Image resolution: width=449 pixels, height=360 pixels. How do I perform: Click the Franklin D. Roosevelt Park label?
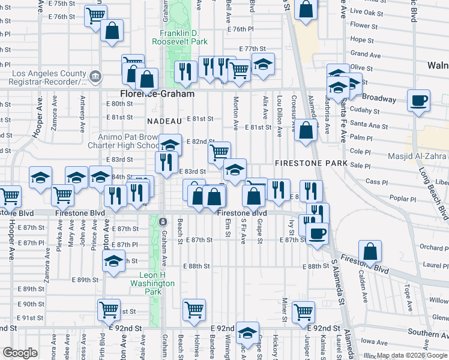[x=184, y=37]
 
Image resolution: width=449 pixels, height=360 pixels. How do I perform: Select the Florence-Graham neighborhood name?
[x=157, y=94]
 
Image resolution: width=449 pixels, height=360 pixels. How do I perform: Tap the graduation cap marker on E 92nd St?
[x=246, y=332]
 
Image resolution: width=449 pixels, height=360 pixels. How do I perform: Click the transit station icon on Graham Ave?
[x=163, y=222]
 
